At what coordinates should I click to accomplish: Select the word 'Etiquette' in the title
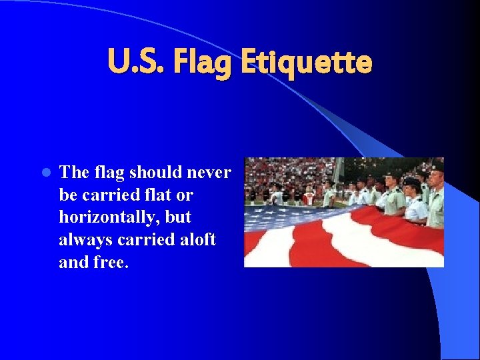click(306, 63)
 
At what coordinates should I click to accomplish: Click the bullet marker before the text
click(45, 173)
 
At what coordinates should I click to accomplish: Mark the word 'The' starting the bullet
click(73, 173)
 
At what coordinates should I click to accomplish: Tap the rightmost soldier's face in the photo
click(435, 179)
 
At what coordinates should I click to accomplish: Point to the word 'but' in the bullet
click(179, 217)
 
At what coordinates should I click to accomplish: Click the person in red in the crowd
click(308, 197)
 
